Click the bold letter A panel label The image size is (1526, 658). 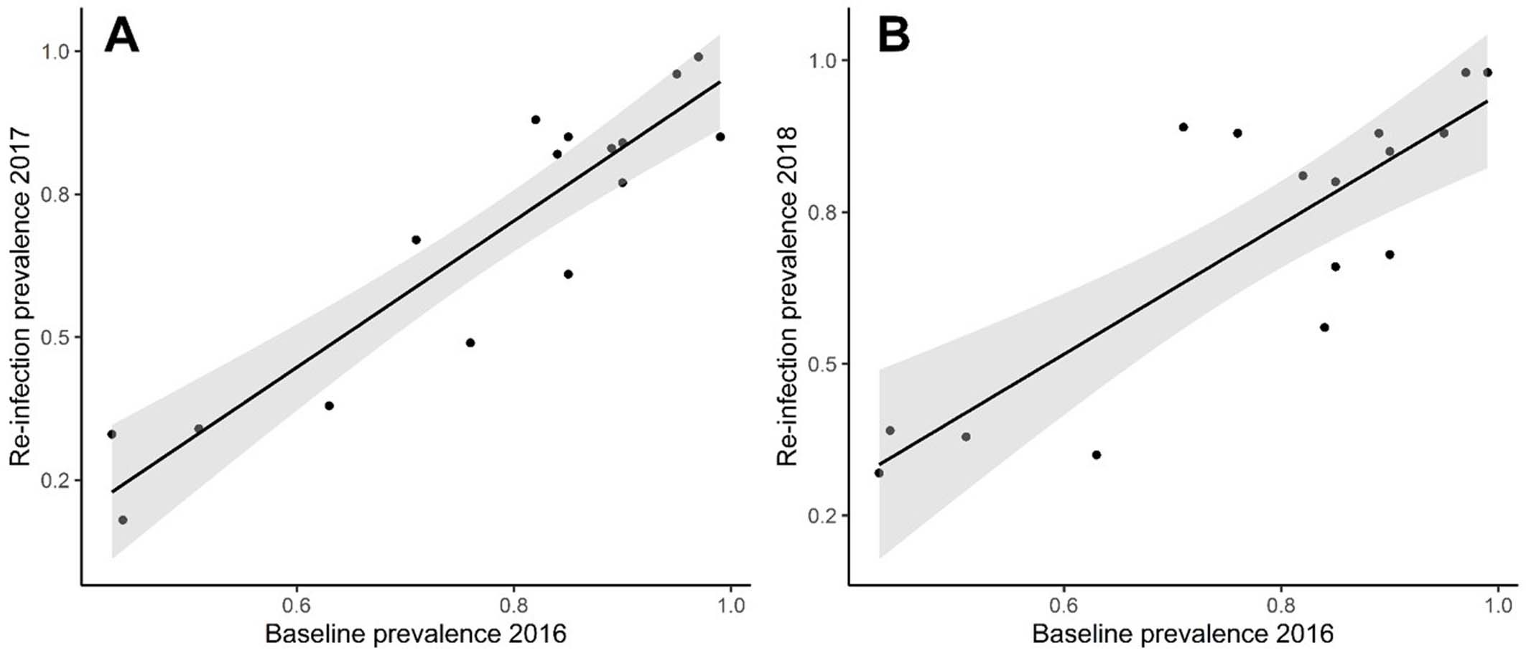121,35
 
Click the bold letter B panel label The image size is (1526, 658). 894,35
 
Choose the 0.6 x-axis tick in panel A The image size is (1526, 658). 297,606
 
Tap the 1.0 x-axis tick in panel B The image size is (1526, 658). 1498,606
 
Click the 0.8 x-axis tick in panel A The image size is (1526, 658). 513,606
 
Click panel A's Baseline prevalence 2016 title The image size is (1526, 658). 416,634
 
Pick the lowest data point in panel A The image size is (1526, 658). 123,520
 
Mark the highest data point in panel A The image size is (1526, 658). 698,57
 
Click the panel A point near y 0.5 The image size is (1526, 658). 470,343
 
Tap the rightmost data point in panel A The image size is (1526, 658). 720,137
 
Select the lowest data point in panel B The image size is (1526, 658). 879,473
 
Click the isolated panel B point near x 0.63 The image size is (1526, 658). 1097,455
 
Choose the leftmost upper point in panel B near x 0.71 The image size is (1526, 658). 1183,127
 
